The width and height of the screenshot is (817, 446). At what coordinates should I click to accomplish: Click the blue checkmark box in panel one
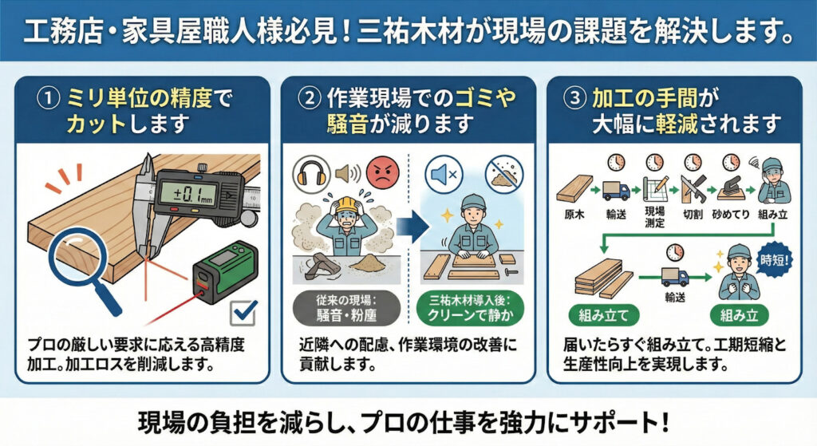[x=241, y=313]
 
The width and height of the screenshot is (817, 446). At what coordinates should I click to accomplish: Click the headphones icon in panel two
[x=309, y=171]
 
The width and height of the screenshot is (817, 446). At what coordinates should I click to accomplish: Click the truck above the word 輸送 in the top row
[x=616, y=190]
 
